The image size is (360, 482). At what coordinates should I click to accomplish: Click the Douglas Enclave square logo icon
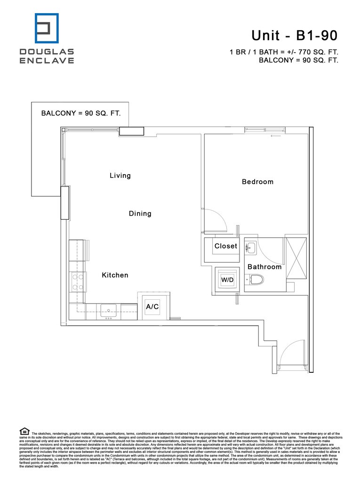(x=47, y=29)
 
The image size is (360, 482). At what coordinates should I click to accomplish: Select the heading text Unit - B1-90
(x=294, y=35)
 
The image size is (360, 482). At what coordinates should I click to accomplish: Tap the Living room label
(x=120, y=176)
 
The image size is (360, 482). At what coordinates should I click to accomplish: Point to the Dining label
(x=140, y=214)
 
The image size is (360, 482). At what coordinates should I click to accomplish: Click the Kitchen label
(x=115, y=275)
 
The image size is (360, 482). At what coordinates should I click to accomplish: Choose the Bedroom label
(x=257, y=182)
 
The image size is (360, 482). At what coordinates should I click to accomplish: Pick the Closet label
(x=226, y=246)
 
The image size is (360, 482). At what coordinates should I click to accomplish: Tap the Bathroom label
(x=264, y=267)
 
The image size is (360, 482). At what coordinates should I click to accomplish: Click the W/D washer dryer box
(x=227, y=280)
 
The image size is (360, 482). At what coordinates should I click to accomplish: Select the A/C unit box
(x=152, y=306)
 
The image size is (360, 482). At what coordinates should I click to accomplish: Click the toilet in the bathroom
(x=255, y=280)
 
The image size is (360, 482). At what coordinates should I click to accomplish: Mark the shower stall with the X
(x=296, y=259)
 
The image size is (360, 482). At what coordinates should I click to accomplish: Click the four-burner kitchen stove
(x=77, y=282)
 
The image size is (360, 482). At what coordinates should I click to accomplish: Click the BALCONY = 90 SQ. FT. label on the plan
(x=81, y=113)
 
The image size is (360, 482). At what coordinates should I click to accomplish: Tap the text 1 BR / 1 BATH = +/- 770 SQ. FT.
(x=284, y=52)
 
